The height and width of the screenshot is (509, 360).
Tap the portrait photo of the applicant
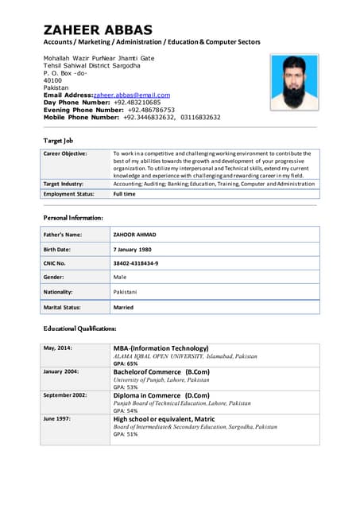tap(293, 83)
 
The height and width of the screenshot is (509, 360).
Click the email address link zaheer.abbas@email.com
tap(132, 95)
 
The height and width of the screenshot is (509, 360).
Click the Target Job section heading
tap(59, 139)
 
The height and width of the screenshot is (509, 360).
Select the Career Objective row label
tap(66, 153)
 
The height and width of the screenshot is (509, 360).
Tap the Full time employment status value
tap(124, 193)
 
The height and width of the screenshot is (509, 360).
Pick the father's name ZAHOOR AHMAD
tap(135, 235)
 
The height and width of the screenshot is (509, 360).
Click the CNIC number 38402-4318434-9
tap(136, 263)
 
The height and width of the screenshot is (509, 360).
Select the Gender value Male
tap(120, 278)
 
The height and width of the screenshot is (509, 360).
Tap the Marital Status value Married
tap(123, 307)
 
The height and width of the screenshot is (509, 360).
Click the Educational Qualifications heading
tap(80, 328)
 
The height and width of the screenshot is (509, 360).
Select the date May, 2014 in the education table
tap(58, 348)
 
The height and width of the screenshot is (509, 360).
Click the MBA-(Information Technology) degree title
tap(161, 348)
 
